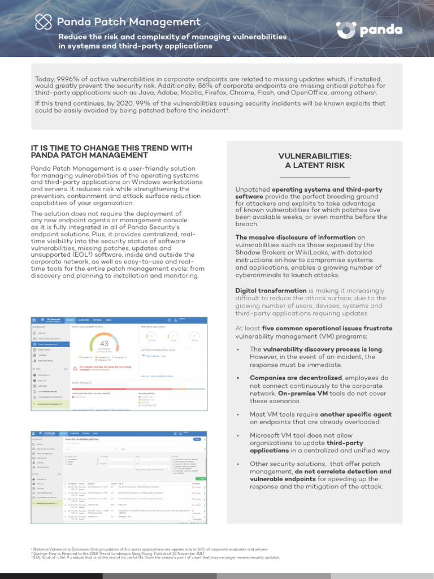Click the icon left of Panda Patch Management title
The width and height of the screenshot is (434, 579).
(x=43, y=22)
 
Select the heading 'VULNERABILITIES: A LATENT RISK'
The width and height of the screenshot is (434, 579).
(x=315, y=160)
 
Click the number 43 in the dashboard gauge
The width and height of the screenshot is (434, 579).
(x=104, y=344)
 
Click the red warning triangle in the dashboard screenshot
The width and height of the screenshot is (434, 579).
(x=75, y=367)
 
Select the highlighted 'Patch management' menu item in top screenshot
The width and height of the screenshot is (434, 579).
(x=50, y=343)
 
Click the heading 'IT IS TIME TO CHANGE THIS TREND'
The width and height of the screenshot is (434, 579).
(x=111, y=148)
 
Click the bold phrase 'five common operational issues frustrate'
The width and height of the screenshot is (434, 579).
(x=327, y=328)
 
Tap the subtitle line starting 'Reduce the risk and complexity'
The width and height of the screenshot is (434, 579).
(x=172, y=37)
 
